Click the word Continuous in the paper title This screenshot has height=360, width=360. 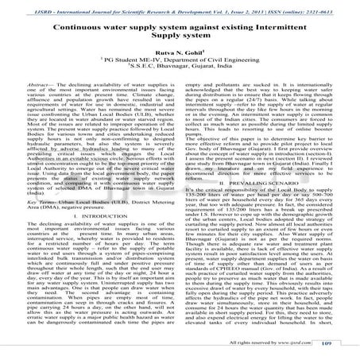coord(72,25)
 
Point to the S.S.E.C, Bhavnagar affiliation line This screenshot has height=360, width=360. coord(180,71)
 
